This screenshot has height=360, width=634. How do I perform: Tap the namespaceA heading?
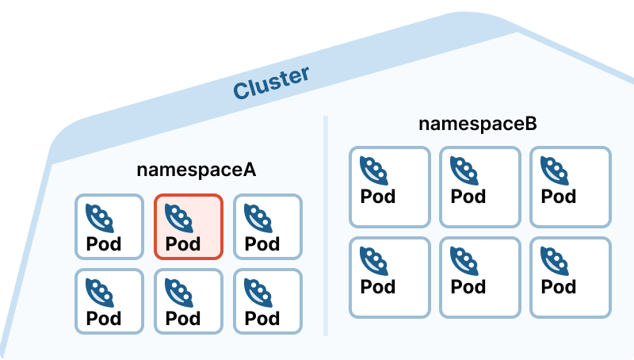[197, 170]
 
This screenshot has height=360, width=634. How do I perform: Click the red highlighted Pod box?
[188, 226]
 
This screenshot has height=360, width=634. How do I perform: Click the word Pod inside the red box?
[183, 243]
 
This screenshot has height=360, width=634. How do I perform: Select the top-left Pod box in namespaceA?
[109, 226]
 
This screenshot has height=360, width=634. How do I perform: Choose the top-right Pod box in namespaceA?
[268, 226]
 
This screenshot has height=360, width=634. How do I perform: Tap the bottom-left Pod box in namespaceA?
[109, 301]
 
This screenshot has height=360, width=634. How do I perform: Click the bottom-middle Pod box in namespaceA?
[188, 301]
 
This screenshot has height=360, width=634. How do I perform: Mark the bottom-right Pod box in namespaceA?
[268, 301]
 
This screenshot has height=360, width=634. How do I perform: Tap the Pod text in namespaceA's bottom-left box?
[104, 319]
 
